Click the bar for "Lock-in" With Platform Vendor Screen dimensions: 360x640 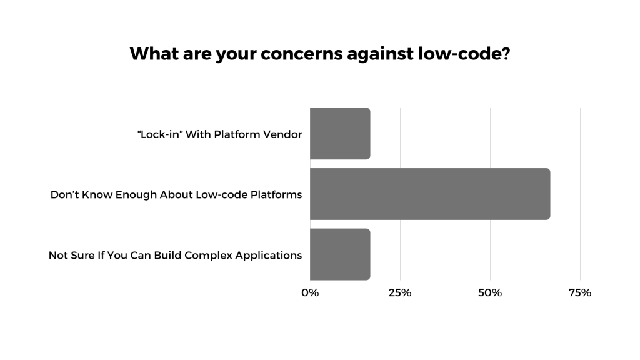coord(340,133)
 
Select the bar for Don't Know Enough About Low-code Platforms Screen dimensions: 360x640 coord(430,194)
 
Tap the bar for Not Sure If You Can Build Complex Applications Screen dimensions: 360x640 coord(340,254)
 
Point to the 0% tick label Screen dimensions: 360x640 coord(310,292)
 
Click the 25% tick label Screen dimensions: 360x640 coord(400,292)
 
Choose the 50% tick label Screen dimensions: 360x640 coord(490,292)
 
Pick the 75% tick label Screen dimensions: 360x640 coord(580,292)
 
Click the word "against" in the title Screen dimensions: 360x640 coord(382,54)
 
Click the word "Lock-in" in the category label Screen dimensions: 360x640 coord(159,134)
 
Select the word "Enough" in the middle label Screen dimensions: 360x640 coord(134,195)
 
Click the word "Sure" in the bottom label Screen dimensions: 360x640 coord(81,256)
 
